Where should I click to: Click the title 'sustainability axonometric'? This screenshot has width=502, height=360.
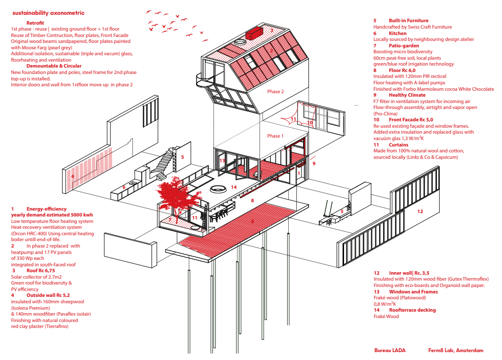pos(48,13)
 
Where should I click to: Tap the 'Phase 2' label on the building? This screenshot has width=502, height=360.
pos(275,91)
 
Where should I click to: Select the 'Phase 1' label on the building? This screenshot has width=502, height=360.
pos(275,136)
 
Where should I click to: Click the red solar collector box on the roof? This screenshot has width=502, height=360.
pos(254,33)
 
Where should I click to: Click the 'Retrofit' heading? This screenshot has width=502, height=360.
pos(35,23)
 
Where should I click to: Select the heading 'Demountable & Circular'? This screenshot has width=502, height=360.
pos(54,66)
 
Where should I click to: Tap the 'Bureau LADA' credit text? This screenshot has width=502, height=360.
pos(389,351)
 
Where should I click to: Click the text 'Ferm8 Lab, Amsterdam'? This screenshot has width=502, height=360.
pos(456,351)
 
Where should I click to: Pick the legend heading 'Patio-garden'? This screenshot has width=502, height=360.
pos(404,46)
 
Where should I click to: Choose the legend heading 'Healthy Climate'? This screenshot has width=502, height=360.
pos(407,95)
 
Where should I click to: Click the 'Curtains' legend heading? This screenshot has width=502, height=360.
pos(398,145)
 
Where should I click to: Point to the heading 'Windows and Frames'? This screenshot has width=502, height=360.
pos(413,291)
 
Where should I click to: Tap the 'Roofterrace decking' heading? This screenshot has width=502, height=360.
pos(412,310)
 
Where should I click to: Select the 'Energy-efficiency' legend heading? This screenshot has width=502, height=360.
pos(46,209)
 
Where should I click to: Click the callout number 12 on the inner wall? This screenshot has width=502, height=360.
pos(420,212)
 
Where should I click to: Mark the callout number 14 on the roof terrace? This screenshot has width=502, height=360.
pos(233,187)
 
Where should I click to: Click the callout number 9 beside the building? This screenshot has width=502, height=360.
pos(314,163)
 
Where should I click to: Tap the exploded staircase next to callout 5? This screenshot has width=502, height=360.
pos(164,162)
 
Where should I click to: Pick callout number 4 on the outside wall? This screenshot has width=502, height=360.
pos(73,176)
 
